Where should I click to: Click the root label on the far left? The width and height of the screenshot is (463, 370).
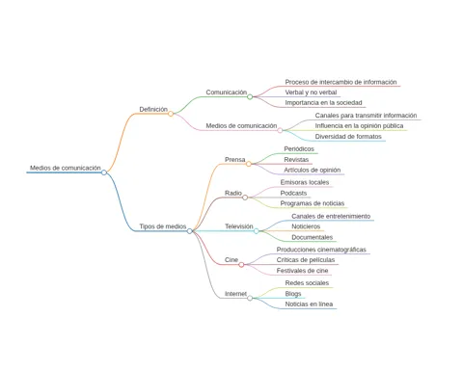[66, 168]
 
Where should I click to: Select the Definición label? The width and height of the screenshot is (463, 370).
[153, 109]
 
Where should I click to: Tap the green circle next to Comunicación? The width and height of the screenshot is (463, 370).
[250, 96]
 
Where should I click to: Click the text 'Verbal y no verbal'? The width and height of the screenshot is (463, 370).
[311, 92]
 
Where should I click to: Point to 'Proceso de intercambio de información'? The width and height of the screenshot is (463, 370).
[340, 82]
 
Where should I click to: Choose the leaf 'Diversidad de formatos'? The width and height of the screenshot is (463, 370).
[348, 137]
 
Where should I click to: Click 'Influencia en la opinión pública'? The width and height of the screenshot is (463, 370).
[359, 126]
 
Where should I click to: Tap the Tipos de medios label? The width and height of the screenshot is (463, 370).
[163, 226]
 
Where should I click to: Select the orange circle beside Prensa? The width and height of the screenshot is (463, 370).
[249, 164]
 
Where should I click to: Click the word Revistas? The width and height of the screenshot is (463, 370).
[296, 160]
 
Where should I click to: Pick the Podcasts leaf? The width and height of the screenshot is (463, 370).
[293, 193]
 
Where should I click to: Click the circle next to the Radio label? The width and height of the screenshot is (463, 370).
[245, 198]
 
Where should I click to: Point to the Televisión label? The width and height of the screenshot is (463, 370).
[239, 226]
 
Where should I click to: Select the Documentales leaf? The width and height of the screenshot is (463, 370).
[313, 237]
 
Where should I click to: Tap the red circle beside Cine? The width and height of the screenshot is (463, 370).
[241, 265]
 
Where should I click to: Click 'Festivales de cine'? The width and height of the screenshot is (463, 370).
[302, 271]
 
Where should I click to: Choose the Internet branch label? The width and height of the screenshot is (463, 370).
[235, 294]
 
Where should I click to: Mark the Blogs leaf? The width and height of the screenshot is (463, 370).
[293, 294]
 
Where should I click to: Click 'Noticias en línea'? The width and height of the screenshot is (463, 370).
[309, 304]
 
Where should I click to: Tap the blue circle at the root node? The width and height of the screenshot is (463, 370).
[104, 172]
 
